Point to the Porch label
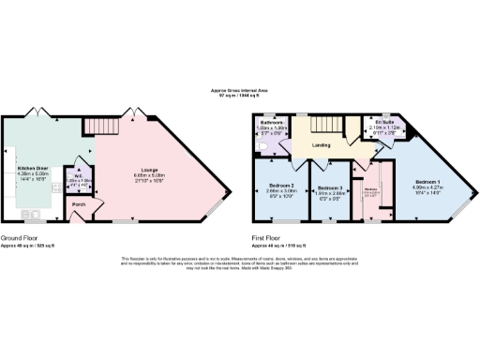click(80, 204)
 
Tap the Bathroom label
click(272, 122)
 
